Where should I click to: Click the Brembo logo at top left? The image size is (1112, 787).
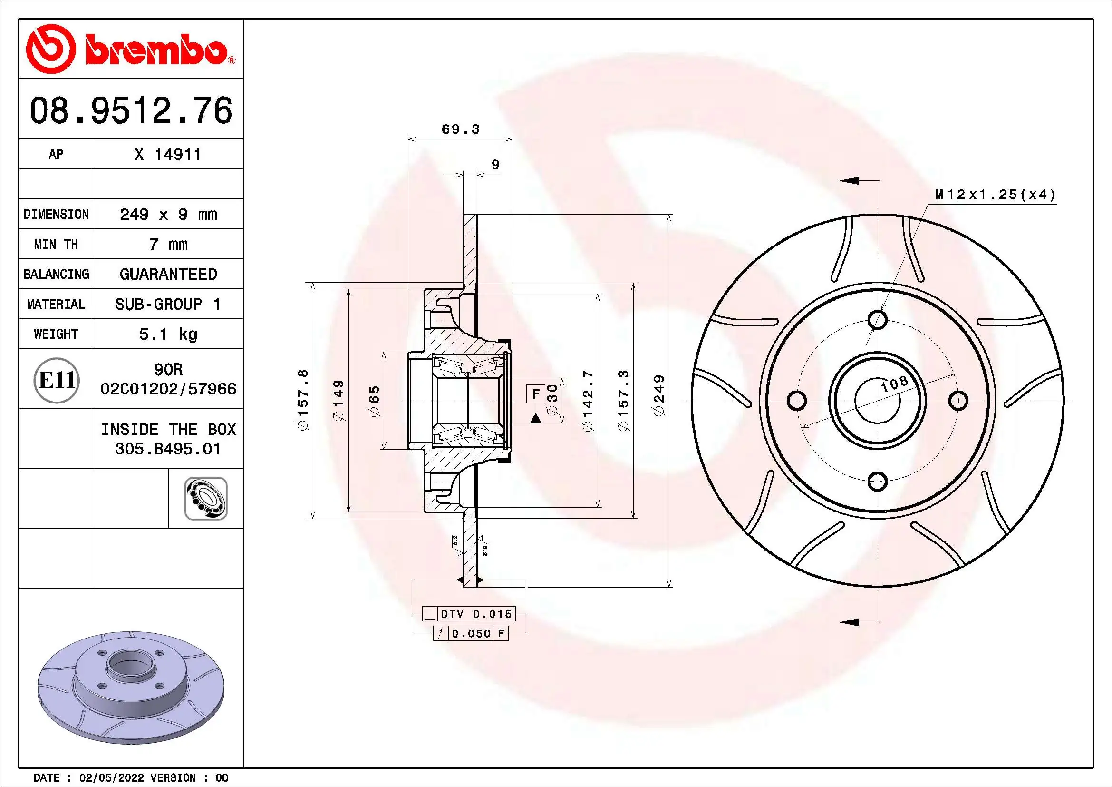pyautogui.click(x=130, y=50)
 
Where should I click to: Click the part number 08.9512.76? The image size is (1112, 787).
pyautogui.click(x=131, y=111)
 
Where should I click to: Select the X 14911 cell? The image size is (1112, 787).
pyautogui.click(x=167, y=155)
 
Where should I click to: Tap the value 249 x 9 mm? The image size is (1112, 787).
pyautogui.click(x=168, y=214)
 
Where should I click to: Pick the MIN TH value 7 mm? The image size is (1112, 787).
pyautogui.click(x=168, y=244)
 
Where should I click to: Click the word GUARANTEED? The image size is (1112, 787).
pyautogui.click(x=168, y=274)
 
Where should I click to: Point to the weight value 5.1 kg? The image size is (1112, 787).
pyautogui.click(x=168, y=334)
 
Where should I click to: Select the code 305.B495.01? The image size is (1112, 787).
pyautogui.click(x=168, y=449)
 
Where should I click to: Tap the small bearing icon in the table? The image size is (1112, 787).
pyautogui.click(x=206, y=499)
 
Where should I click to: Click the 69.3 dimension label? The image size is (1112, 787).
pyautogui.click(x=460, y=129)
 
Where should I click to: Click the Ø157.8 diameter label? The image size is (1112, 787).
pyautogui.click(x=303, y=400)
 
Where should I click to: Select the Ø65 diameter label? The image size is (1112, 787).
pyautogui.click(x=374, y=401)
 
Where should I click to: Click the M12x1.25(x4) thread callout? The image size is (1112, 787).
pyautogui.click(x=995, y=195)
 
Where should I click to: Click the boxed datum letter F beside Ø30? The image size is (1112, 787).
pyautogui.click(x=535, y=394)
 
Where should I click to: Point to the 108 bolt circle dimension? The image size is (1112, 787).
pyautogui.click(x=894, y=384)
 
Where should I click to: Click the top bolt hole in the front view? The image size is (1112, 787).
pyautogui.click(x=877, y=320)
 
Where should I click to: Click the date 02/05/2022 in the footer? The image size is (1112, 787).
pyautogui.click(x=111, y=778)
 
